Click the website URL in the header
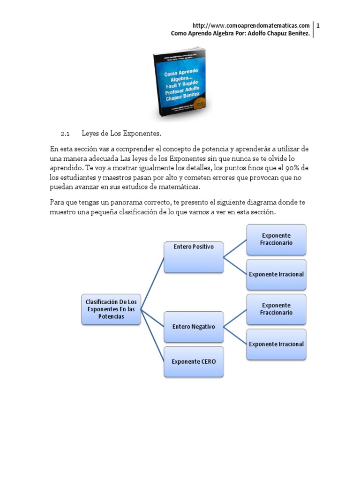(251, 25)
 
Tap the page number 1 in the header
(318, 25)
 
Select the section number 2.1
(65, 134)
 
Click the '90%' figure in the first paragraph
(292, 168)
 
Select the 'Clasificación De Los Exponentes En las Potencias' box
(111, 309)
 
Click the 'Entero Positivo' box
(194, 257)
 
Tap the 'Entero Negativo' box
(194, 327)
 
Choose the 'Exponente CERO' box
(194, 361)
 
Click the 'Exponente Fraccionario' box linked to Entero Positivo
(277, 239)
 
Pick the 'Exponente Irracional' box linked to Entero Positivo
(277, 274)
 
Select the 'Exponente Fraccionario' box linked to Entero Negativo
(277, 309)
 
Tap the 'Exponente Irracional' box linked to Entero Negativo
(277, 344)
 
